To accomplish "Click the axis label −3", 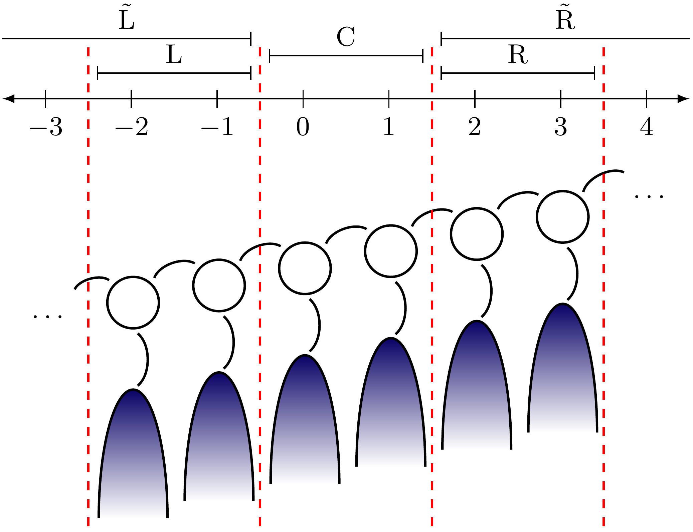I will (46, 127).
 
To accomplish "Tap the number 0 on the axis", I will (303, 127).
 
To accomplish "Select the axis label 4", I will (647, 127).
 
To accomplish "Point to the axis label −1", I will (217, 127).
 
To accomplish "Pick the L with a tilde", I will (127, 20).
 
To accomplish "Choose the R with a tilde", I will (565, 20).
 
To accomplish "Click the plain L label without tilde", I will (174, 55).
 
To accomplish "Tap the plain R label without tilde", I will (518, 55).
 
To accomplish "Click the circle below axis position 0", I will (305, 268).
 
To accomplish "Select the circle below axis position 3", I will (562, 217).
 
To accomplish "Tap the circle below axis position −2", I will (133, 303).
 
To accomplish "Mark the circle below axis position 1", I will (391, 251).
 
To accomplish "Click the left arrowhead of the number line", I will (8, 99).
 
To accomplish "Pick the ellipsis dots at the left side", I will (47, 316).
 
